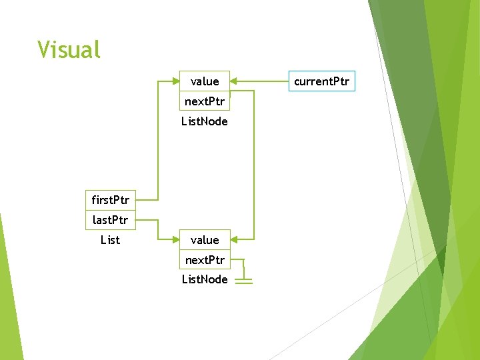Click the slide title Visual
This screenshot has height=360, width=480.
pyautogui.click(x=69, y=49)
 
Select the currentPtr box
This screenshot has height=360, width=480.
pyautogui.click(x=322, y=81)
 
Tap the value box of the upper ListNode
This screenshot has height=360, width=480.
pyautogui.click(x=205, y=81)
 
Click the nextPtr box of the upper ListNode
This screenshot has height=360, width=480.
pyautogui.click(x=205, y=101)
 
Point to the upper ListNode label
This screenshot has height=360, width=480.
pyautogui.click(x=205, y=121)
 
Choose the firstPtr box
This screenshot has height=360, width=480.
pyautogui.click(x=111, y=199)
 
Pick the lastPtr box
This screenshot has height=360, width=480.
pyautogui.click(x=111, y=219)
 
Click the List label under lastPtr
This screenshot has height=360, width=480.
pyautogui.click(x=110, y=239)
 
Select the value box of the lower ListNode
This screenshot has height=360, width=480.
pyautogui.click(x=205, y=240)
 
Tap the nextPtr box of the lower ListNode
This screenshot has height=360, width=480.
pyautogui.click(x=205, y=259)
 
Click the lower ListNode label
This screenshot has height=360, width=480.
pyautogui.click(x=205, y=279)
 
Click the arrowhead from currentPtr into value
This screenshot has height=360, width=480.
pyautogui.click(x=234, y=81)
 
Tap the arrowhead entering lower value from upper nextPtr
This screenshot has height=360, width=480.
pyautogui.click(x=234, y=239)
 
